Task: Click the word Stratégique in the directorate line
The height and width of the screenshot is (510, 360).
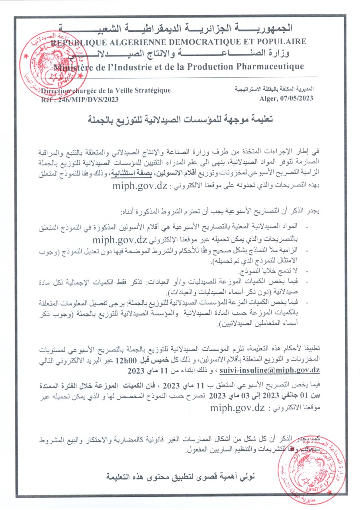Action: point(151,90)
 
